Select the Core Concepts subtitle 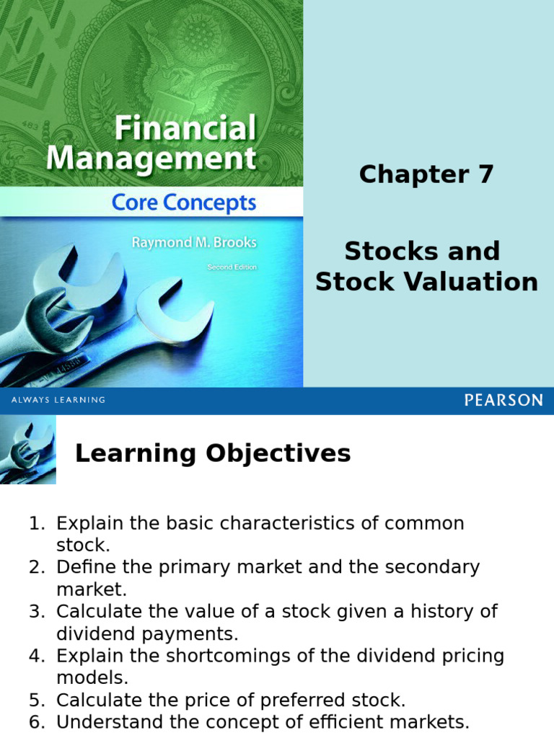pyautogui.click(x=184, y=203)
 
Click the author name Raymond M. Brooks pyautogui.click(x=193, y=242)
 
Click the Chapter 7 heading pyautogui.click(x=426, y=174)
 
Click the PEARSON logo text pyautogui.click(x=503, y=401)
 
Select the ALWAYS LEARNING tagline pyautogui.click(x=58, y=400)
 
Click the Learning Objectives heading pyautogui.click(x=213, y=453)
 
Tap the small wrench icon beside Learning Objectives pyautogui.click(x=27, y=453)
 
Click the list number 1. pyautogui.click(x=36, y=523)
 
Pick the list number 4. pyautogui.click(x=36, y=656)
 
